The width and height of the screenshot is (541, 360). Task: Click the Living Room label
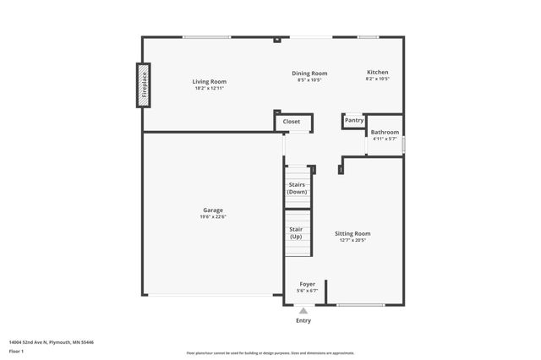[x=210, y=81]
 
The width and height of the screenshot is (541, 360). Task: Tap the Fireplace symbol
[x=144, y=85]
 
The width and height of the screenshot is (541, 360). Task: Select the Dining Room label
[x=309, y=73]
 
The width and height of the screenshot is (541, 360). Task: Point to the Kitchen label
[x=377, y=73]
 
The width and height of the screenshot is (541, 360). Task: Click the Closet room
[x=292, y=122]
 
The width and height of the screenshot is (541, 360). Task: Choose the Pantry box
[x=354, y=120]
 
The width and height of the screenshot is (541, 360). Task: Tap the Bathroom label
[x=385, y=132]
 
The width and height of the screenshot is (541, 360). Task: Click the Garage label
[x=212, y=210]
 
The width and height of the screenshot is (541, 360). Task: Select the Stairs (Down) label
[x=297, y=188]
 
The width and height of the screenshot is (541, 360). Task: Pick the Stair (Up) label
[x=296, y=232]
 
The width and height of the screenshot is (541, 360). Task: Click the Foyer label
[x=307, y=284]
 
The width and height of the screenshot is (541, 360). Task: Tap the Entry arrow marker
[x=303, y=311]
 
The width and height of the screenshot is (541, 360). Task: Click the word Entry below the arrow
[x=303, y=320]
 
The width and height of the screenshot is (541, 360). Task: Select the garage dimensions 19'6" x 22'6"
[x=212, y=217]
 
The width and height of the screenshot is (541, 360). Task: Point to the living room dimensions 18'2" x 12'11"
[x=210, y=88]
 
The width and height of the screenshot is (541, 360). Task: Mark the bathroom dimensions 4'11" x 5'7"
[x=385, y=139]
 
